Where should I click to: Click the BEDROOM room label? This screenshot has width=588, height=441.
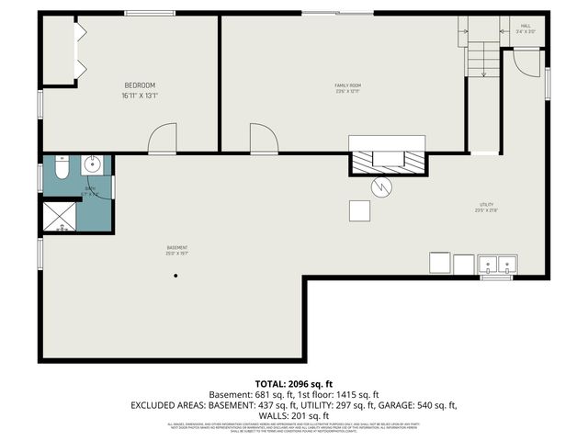[140, 85]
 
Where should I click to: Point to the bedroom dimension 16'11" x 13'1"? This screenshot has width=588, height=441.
[140, 95]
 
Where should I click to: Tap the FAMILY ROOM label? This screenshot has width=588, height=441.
[347, 86]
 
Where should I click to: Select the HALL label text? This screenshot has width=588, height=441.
[526, 26]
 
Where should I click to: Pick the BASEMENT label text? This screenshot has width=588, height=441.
[176, 247]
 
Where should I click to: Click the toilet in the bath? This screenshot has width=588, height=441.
[60, 170]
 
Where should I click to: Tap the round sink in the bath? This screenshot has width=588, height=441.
[92, 165]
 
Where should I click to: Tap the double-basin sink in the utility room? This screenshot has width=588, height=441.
[498, 265]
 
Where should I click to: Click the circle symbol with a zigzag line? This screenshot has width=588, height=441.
[381, 187]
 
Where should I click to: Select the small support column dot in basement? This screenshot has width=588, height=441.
[175, 279]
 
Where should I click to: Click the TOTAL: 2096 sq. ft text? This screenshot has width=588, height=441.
[293, 382]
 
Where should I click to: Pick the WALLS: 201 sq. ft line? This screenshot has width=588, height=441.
[293, 415]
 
